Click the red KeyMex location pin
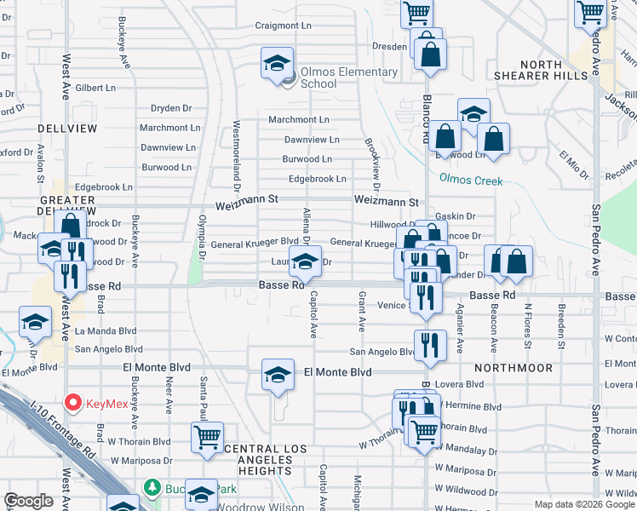coord(73,402)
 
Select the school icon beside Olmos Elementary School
coord(278,65)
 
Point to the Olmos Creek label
coord(471,181)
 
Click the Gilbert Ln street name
coord(95,88)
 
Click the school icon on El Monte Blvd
coord(278,376)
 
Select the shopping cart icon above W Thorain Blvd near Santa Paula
coord(207,437)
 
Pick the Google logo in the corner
coord(28,502)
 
